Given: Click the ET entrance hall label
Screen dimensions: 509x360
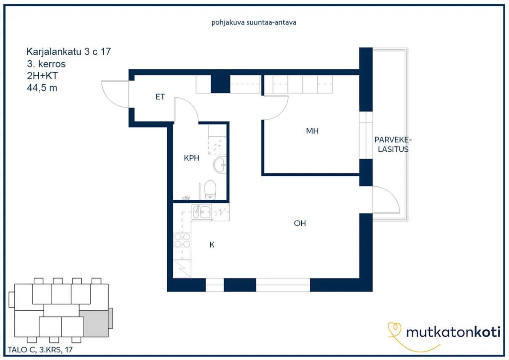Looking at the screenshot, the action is tap(160, 97).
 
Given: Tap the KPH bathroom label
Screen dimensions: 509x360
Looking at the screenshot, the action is tap(192, 158).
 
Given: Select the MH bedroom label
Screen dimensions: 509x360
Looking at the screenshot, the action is tap(312, 131).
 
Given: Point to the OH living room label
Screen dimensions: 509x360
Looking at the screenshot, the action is tap(300, 223).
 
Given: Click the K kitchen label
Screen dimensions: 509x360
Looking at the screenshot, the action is tap(212, 245).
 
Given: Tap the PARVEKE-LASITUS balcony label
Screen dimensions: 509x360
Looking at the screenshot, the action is tap(393, 144).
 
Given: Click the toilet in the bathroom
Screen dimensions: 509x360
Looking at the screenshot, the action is tap(210, 190).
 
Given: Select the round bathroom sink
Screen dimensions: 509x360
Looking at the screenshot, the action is tap(220, 165).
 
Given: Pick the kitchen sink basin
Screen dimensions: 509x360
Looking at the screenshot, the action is tap(201, 212).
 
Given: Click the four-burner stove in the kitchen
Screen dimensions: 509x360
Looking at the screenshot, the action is tap(182, 240).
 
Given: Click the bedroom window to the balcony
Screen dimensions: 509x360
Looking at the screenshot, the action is tap(366, 135).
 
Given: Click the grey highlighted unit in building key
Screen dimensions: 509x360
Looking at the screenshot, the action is tap(96, 323).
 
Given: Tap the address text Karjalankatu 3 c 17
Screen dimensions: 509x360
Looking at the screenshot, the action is tap(69, 51).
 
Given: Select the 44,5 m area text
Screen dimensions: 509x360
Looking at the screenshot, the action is tap(42, 88).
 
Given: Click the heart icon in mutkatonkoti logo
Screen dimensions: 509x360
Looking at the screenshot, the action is tap(394, 329).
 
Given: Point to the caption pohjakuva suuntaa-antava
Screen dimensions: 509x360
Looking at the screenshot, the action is tap(254, 22).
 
